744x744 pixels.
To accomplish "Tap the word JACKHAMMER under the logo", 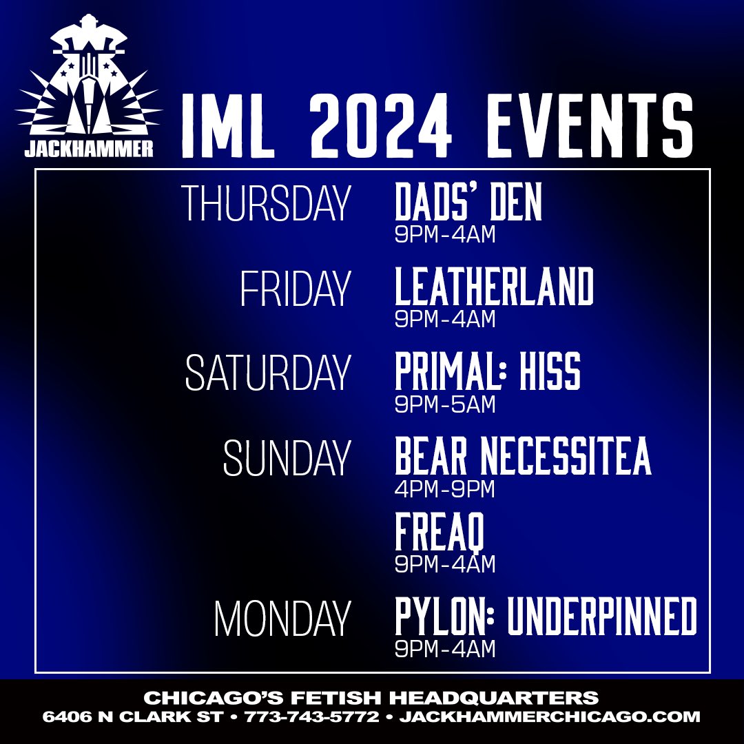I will click(x=88, y=149).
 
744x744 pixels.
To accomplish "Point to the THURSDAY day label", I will click(x=265, y=204).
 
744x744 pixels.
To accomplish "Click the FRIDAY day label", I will click(x=295, y=289).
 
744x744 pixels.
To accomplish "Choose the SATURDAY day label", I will click(x=267, y=373).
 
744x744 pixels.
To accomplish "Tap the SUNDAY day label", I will click(x=287, y=458).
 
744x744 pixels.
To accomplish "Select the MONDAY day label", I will click(x=282, y=619).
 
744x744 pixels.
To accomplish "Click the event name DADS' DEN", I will click(x=468, y=203).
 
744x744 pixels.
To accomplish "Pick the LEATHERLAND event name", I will click(x=494, y=287).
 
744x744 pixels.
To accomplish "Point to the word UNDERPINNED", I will click(x=602, y=617).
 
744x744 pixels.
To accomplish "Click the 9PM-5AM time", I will click(x=445, y=404).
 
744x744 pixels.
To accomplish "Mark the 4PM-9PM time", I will click(x=445, y=489).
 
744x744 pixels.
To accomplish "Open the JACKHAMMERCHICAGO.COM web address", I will click(x=550, y=717).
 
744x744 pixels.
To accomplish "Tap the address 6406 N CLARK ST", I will click(x=133, y=717).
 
